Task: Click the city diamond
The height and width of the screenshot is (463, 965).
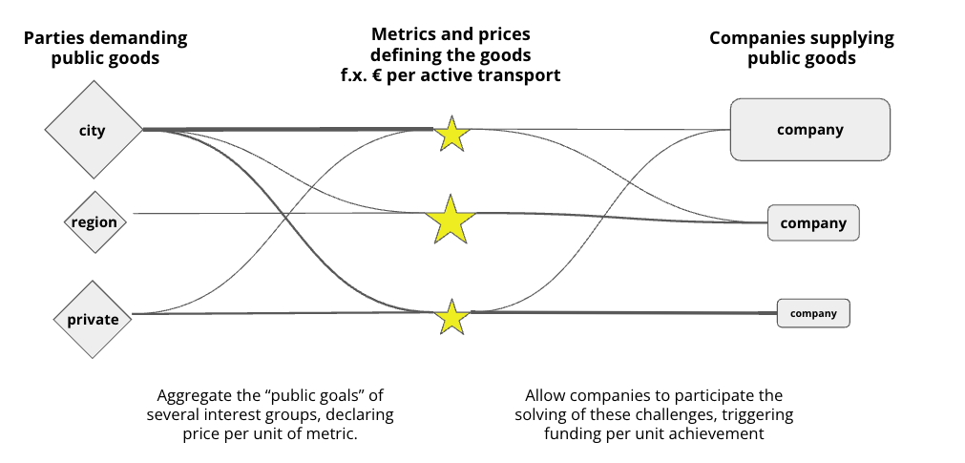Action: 93,130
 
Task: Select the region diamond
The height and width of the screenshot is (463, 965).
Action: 94,222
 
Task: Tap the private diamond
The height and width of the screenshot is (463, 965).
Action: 93,319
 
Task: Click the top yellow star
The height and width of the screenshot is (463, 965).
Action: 451,135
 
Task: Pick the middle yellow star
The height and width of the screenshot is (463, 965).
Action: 451,221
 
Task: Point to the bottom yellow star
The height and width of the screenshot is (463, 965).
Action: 451,318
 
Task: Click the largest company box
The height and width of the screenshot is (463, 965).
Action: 809,129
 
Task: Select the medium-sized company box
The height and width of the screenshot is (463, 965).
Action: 813,223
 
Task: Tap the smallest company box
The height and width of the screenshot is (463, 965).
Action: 813,313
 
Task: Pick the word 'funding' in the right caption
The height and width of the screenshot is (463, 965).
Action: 577,433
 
